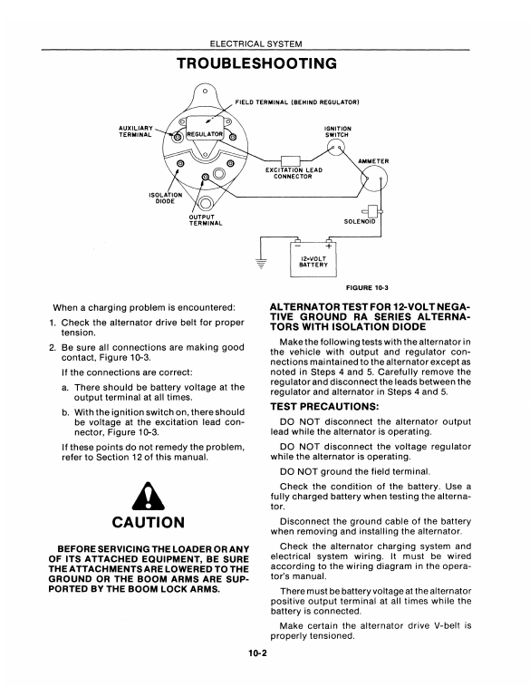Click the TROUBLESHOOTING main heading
point(257,63)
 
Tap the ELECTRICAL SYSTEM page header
point(255,43)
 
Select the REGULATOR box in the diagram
point(205,134)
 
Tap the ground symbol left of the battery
point(261,264)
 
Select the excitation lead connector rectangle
point(290,160)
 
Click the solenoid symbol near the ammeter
point(374,212)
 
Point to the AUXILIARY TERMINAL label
point(136,131)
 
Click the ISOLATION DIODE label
point(165,198)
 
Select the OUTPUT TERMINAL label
point(206,220)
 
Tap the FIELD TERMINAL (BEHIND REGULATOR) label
point(297,102)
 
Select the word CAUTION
point(149,522)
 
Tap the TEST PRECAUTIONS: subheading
point(324,407)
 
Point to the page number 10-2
point(257,653)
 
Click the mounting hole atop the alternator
point(204,92)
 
